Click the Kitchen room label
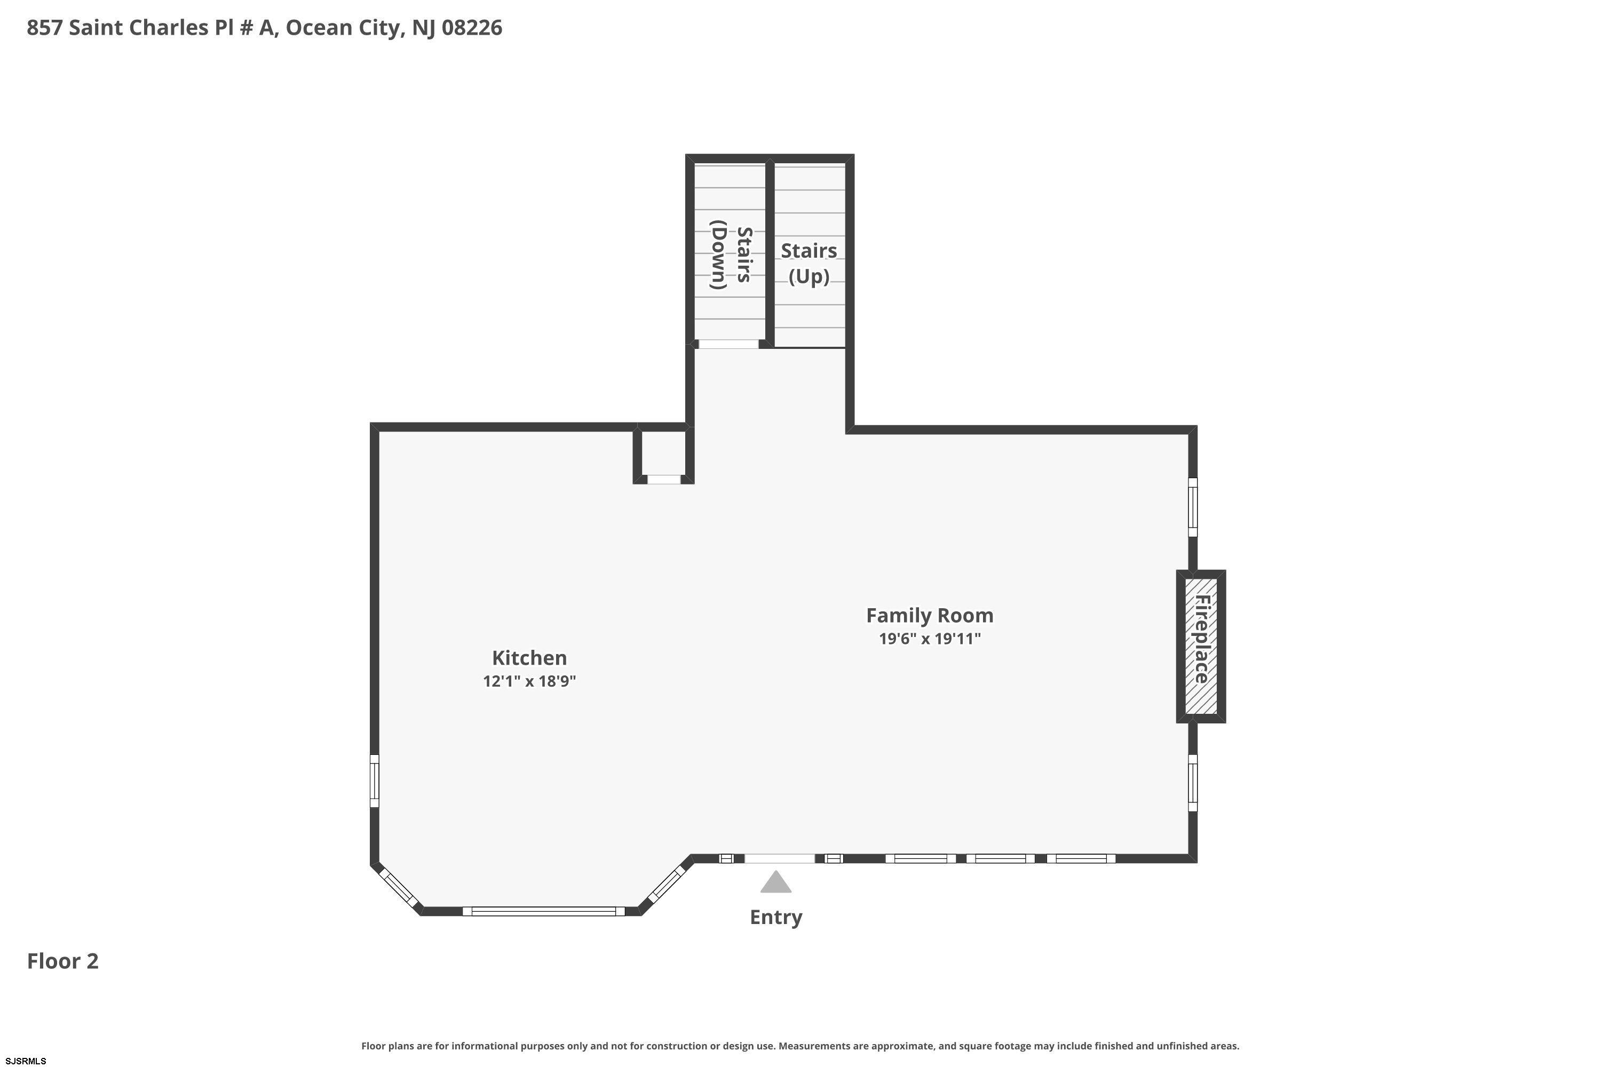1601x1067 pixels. point(529,658)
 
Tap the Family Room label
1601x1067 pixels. point(929,615)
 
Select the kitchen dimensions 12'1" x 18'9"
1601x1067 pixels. point(529,681)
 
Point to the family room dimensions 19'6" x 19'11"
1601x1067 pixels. point(929,638)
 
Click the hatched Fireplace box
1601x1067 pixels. point(1201,646)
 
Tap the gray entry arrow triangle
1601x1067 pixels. point(775,881)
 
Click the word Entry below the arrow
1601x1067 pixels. point(775,917)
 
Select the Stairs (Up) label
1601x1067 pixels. point(809,264)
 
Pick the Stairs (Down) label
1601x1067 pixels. point(731,254)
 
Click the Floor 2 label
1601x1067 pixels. point(62,961)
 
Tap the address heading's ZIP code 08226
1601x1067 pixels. point(472,28)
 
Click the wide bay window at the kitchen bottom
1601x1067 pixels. point(543,911)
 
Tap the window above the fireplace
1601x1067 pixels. point(1193,507)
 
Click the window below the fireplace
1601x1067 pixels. point(1193,783)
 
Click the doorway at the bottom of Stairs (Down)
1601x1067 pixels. point(728,344)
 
